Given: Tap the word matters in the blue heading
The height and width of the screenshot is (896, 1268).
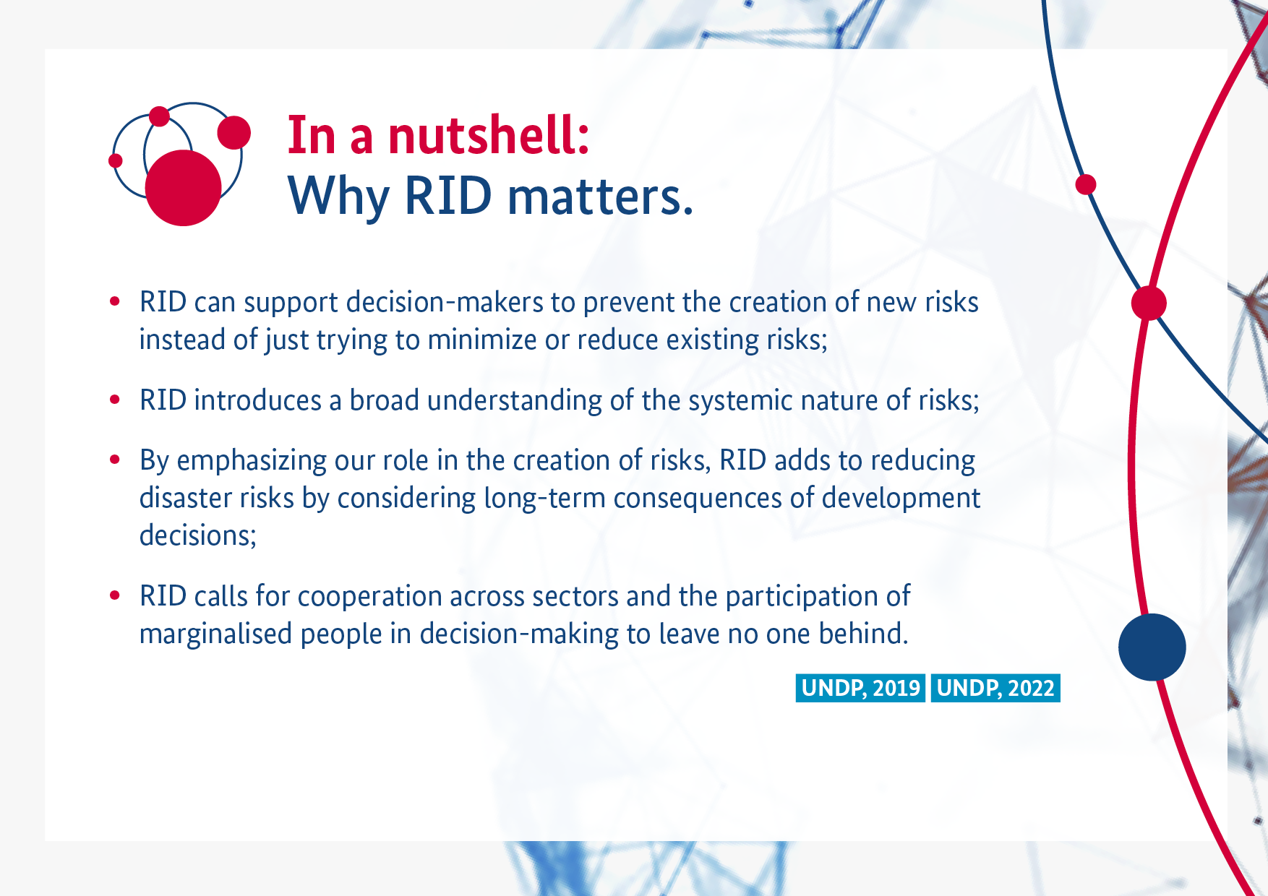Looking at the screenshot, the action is (x=600, y=196).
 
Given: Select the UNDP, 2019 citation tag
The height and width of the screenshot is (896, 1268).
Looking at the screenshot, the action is (x=860, y=688).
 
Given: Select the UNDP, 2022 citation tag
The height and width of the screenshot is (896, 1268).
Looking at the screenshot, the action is (x=995, y=688).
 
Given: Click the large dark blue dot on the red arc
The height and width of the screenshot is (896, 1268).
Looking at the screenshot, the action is (x=1152, y=647).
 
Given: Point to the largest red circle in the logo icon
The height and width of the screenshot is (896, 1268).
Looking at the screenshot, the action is (x=183, y=188).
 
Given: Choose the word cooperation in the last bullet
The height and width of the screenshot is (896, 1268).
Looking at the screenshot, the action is (x=369, y=597).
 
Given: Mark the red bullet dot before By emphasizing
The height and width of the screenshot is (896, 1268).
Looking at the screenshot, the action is (x=114, y=460).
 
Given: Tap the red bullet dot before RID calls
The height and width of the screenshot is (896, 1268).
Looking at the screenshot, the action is (x=114, y=595).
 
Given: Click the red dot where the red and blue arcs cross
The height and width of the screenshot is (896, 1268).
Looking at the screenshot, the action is (x=1149, y=303).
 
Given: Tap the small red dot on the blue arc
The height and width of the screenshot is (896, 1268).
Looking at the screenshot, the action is (x=1086, y=184).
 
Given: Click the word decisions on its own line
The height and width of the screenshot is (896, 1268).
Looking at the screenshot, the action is (x=198, y=536).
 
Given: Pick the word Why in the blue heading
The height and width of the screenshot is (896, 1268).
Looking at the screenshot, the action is (x=339, y=197).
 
